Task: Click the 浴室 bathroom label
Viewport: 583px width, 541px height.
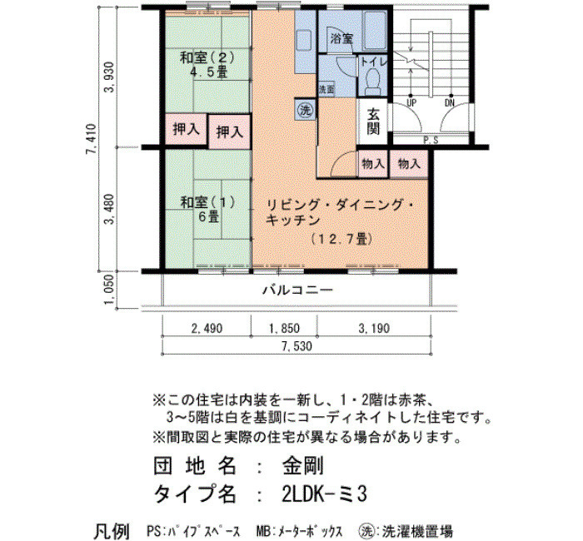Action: pos(341,38)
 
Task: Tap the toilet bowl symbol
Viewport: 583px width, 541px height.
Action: pos(371,82)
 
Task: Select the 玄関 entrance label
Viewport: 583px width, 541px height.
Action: pos(373,122)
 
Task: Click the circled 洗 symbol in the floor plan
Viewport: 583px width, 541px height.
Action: pos(306,110)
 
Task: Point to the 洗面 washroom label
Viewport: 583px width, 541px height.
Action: pos(326,90)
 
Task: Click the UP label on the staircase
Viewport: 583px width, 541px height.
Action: pos(411,103)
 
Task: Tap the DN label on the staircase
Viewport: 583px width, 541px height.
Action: pos(450,103)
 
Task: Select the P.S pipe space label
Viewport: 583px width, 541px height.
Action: pos(431,141)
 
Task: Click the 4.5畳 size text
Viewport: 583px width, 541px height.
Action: pos(208,72)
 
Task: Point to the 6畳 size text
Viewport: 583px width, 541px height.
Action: pos(208,216)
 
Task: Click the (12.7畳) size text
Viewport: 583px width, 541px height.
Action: pos(341,239)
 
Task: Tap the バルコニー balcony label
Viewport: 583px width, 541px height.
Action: pos(298,290)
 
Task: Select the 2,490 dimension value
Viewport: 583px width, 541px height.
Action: pos(207,329)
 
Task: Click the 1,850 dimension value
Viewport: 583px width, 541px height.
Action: pos(284,329)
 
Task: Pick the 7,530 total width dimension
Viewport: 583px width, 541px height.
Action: pos(296,346)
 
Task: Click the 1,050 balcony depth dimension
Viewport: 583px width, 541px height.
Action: pos(109,290)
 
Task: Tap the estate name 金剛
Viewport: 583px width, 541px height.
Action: pos(302,466)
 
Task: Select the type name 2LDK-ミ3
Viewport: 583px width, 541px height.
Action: pos(324,494)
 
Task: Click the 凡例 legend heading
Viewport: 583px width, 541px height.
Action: pos(112,531)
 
